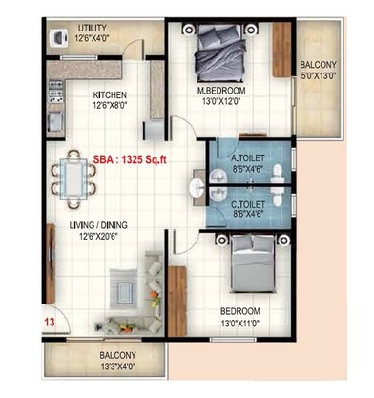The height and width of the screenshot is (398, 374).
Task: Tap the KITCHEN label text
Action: (111, 95)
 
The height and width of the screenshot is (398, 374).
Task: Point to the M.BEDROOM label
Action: (221, 92)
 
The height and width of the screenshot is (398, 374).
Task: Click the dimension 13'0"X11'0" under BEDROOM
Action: (241, 322)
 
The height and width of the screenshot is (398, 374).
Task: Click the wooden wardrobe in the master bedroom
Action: (281, 56)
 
